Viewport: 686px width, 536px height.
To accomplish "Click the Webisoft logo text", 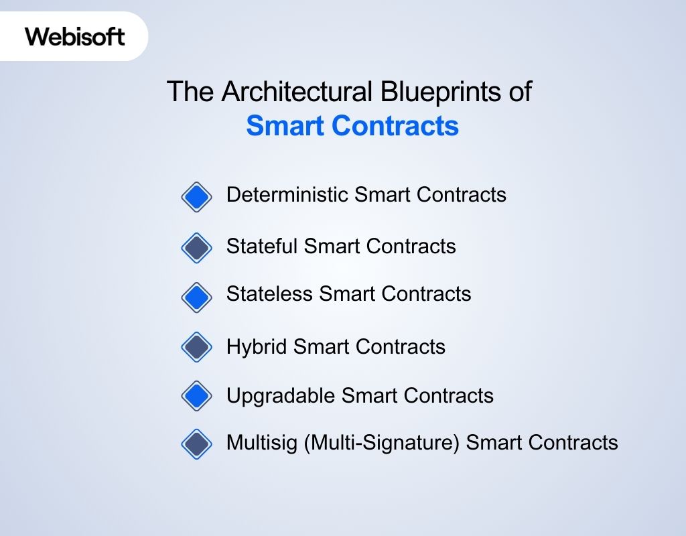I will click(x=75, y=36).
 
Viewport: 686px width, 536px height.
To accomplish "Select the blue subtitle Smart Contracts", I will click(x=352, y=126).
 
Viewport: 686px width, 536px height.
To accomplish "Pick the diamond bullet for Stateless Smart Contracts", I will click(x=196, y=296).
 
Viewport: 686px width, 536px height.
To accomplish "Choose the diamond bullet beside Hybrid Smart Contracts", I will click(x=196, y=347).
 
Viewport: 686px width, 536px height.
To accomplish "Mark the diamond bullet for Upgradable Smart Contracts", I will click(x=196, y=395).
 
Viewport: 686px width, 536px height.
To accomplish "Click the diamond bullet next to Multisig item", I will click(x=196, y=444).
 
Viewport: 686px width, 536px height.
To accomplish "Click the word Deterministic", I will click(x=287, y=195).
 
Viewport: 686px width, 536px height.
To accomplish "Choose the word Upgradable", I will click(x=281, y=396).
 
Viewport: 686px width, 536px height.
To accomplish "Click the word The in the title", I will click(x=184, y=92).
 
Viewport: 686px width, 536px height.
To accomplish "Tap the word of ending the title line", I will click(x=519, y=92).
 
